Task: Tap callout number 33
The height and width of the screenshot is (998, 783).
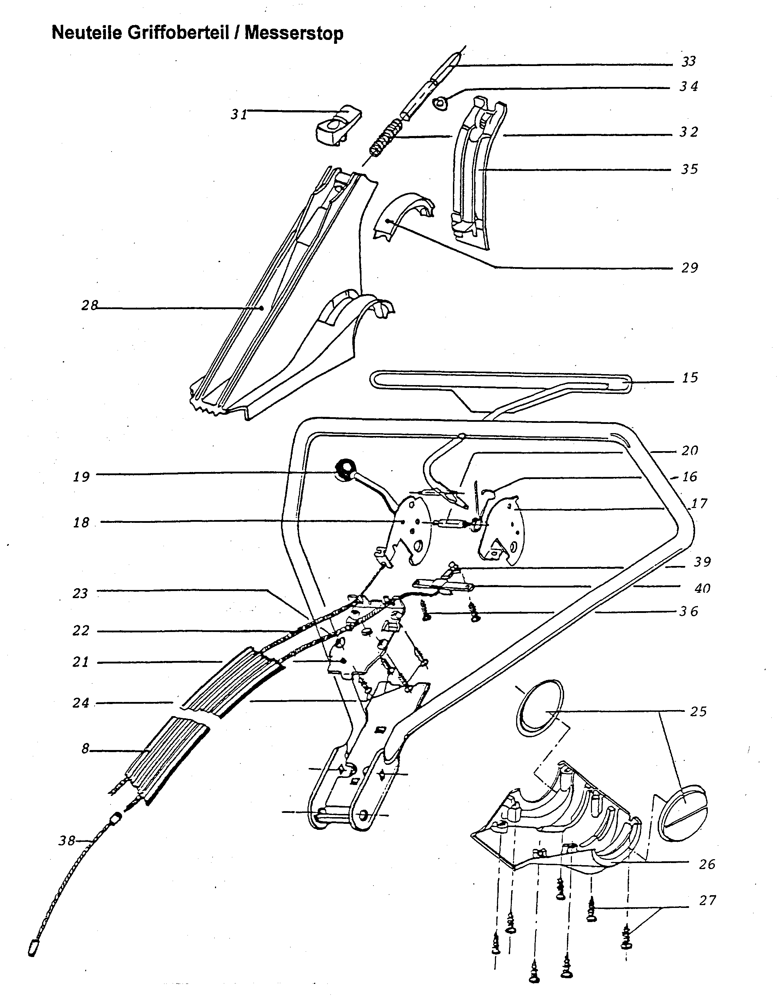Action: (688, 61)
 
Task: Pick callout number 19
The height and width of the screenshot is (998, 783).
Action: (81, 477)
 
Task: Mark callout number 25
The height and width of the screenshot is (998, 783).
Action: (698, 711)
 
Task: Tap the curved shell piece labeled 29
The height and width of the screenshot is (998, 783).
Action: (404, 215)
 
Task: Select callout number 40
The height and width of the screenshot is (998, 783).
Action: (702, 588)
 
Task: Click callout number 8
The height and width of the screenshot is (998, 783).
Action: (85, 749)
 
